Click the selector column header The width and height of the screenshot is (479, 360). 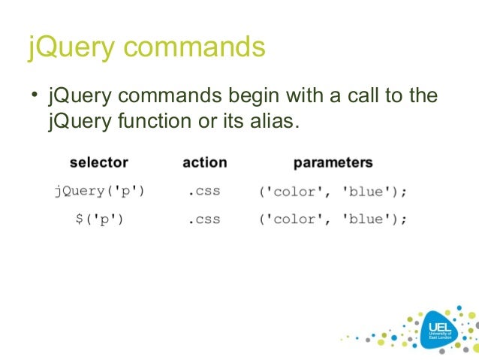click(x=98, y=162)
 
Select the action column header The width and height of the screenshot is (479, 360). click(x=204, y=162)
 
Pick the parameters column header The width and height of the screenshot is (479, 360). click(x=333, y=162)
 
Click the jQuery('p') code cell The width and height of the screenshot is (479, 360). click(x=99, y=191)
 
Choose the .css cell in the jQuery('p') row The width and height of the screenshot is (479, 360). click(x=203, y=191)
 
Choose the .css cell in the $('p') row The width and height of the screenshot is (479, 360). click(x=203, y=219)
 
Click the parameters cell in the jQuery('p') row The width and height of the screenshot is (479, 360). click(x=333, y=191)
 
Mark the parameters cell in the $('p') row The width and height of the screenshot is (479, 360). click(x=333, y=219)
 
